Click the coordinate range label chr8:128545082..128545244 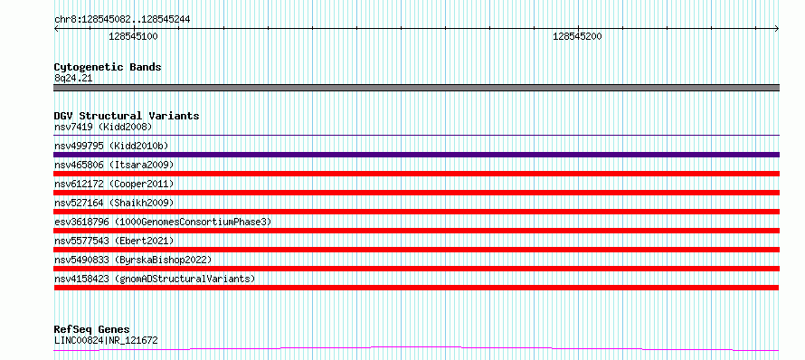click(122, 20)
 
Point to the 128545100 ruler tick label click(134, 36)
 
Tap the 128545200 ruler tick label click(578, 36)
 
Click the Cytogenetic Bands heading click(108, 67)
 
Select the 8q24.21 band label click(73, 79)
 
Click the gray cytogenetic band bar click(416, 88)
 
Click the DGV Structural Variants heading click(127, 116)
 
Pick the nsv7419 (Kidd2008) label click(103, 127)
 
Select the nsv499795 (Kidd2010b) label click(111, 147)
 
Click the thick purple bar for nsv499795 click(416, 155)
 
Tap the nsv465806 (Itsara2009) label click(114, 165)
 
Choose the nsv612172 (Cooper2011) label click(114, 184)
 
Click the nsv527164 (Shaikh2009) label click(114, 203)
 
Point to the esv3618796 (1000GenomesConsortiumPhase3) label click(163, 222)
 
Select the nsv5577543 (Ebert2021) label click(114, 241)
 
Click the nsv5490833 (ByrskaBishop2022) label click(133, 260)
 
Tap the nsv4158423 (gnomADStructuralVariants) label click(155, 279)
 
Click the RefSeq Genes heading click(92, 329)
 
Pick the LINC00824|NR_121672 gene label click(106, 340)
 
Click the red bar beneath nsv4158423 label click(416, 288)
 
